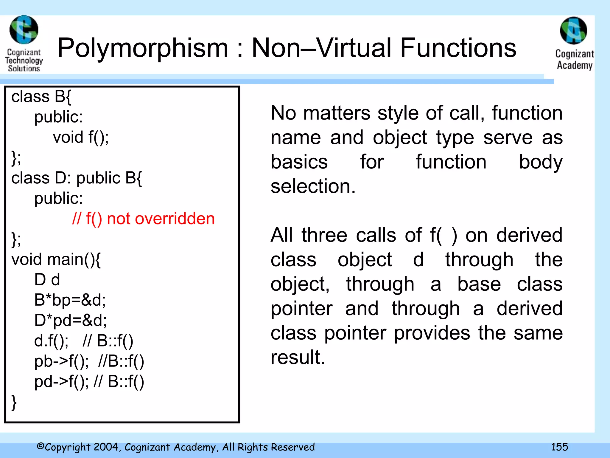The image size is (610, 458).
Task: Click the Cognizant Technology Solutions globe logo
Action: coord(24,30)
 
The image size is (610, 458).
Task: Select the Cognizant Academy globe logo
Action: coord(573,31)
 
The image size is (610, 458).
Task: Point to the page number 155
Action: coord(559,447)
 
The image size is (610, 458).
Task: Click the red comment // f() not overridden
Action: coord(143,219)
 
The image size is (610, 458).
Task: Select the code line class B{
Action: coord(41,97)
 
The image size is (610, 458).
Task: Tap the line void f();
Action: coord(81,137)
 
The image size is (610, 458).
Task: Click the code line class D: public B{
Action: coord(77,178)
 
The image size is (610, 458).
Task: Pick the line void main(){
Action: coord(56,259)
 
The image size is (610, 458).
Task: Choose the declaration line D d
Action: coord(47,280)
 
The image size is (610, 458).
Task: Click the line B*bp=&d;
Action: coord(70,300)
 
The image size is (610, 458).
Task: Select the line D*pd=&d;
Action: coord(70,320)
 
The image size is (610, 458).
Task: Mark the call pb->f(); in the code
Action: coord(61,361)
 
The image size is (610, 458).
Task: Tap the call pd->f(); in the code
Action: coord(61,382)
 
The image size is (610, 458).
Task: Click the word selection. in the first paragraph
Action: coord(313,186)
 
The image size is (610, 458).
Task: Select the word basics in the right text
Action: coord(299,162)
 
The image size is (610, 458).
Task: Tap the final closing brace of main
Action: coord(14,403)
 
